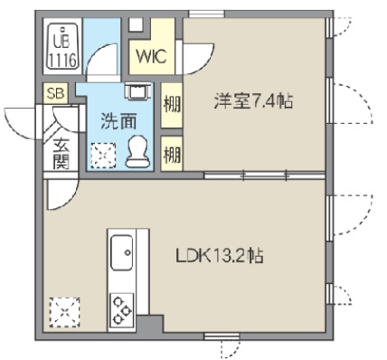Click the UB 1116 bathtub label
point(62,51)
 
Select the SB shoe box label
point(54,92)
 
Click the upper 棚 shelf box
point(171,103)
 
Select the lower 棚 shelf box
point(171,152)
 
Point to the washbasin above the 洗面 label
point(137,91)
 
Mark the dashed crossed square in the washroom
point(103,155)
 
